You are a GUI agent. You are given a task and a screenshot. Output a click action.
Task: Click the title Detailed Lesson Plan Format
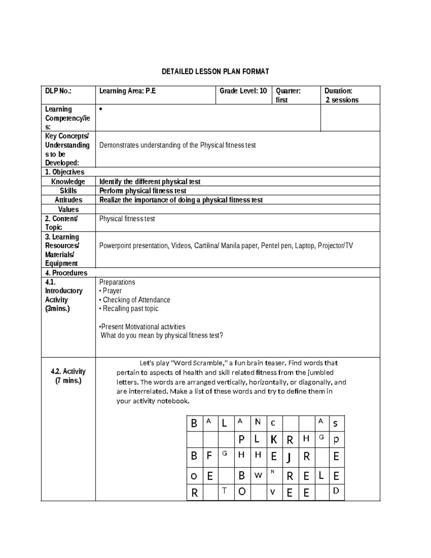point(215,72)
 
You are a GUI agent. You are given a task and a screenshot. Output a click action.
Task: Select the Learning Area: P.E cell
point(128,91)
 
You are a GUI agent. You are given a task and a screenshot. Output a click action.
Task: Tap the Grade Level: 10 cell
point(243,91)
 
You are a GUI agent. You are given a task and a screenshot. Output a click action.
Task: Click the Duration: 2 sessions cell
point(342,95)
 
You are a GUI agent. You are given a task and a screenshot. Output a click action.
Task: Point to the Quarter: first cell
point(288,95)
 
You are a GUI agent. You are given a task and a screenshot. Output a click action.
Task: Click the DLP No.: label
point(58,91)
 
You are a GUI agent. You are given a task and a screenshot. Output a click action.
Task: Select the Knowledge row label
point(68,181)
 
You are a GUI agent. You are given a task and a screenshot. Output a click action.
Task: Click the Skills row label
point(68,191)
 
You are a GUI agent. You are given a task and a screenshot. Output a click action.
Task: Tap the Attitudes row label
point(68,200)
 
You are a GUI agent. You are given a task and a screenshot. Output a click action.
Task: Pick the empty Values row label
point(68,209)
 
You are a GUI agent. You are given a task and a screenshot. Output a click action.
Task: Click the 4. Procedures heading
point(66,273)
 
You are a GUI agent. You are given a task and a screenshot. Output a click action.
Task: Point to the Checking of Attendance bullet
point(136,300)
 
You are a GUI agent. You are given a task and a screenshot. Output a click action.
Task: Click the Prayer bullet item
point(112,291)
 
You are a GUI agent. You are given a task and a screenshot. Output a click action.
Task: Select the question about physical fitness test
point(162,336)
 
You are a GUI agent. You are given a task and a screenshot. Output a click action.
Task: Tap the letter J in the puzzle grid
point(289,457)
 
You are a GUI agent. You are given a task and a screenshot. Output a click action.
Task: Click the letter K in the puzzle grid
point(274,439)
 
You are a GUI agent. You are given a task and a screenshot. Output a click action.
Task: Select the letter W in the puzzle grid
point(258,475)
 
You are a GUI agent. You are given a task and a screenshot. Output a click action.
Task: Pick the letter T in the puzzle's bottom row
point(225,490)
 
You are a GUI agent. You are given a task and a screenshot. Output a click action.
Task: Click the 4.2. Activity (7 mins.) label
point(68,376)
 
